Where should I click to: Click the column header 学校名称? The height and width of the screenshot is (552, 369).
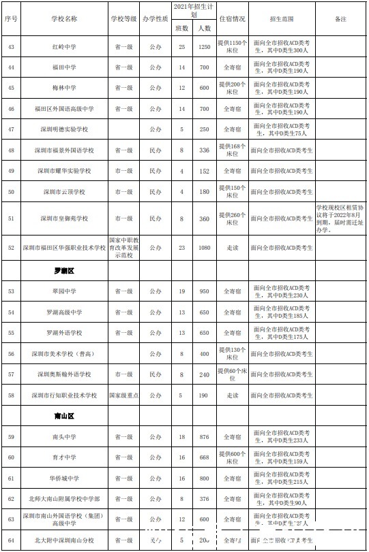62,19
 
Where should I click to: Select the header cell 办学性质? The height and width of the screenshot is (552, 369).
155,19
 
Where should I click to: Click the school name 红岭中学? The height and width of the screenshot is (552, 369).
62,47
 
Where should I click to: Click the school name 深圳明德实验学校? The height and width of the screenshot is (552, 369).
62,129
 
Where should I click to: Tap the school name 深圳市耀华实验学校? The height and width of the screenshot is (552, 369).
62,172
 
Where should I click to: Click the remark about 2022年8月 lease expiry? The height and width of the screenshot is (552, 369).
340,218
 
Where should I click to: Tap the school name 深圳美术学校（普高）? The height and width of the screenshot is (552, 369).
62,354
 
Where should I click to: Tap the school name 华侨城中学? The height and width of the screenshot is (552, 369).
62,478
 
